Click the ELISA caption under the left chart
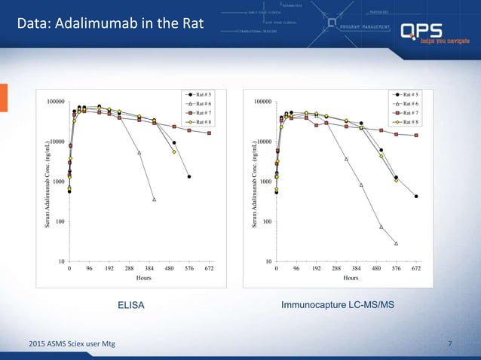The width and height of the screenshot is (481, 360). (x=131, y=305)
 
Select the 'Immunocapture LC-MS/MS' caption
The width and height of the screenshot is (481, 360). (x=338, y=305)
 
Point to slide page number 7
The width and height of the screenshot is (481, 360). (x=450, y=344)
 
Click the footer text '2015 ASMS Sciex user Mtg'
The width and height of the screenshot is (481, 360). (x=67, y=344)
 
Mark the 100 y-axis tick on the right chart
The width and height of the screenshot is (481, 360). (x=264, y=222)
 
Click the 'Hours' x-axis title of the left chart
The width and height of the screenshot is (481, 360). (x=143, y=277)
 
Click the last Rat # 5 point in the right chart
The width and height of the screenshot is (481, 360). (x=416, y=197)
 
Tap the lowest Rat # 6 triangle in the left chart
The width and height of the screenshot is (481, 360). (x=154, y=200)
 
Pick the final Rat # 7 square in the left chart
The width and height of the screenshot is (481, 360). (x=209, y=133)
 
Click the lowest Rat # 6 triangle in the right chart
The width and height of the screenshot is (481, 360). (x=396, y=243)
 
